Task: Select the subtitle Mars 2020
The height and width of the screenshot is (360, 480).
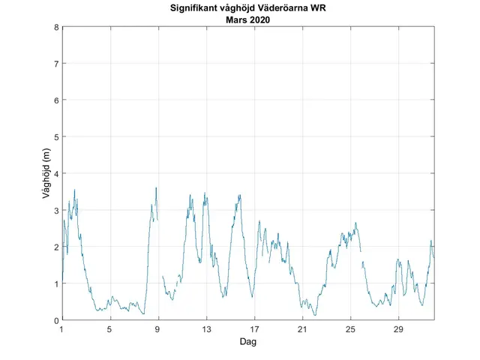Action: pyautogui.click(x=247, y=20)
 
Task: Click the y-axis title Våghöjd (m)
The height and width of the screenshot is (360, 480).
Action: pyautogui.click(x=46, y=174)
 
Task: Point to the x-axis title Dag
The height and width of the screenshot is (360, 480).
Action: pyautogui.click(x=247, y=341)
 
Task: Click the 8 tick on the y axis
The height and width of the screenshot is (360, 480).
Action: pyautogui.click(x=55, y=27)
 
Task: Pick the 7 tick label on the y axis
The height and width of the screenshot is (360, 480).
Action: pyautogui.click(x=55, y=64)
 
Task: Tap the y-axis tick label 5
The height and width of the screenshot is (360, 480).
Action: pyautogui.click(x=55, y=137)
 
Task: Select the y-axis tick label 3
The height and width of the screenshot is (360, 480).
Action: pyautogui.click(x=55, y=211)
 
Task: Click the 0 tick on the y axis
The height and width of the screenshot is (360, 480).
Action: pyautogui.click(x=55, y=320)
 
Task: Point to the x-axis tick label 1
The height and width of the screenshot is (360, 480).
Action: pyautogui.click(x=61, y=329)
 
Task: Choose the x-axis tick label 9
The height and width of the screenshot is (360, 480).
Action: pyautogui.click(x=158, y=329)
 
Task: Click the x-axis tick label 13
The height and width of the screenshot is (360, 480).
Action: pyautogui.click(x=206, y=329)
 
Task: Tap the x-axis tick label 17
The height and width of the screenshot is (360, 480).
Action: pyautogui.click(x=255, y=329)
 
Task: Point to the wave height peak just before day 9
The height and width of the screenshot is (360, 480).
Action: pyautogui.click(x=155, y=187)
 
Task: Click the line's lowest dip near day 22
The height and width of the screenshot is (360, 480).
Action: pyautogui.click(x=315, y=315)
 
